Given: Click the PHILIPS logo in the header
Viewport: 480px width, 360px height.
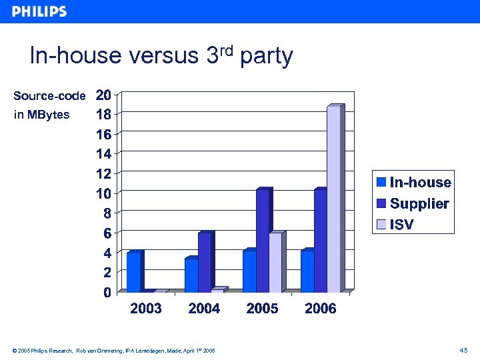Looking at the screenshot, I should click(39, 11).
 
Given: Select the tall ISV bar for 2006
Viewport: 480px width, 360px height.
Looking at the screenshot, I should click(333, 199).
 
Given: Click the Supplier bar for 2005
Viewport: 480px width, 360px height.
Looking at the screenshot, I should click(263, 240).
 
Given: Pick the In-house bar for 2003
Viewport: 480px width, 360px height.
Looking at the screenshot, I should click(133, 272).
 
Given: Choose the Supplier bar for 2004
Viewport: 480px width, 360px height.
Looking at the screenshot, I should click(205, 262).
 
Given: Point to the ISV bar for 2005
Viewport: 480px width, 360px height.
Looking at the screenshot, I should click(275, 262).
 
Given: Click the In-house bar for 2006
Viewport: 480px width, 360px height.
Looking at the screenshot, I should click(307, 271).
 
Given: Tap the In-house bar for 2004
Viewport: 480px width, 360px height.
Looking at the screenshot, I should click(191, 275).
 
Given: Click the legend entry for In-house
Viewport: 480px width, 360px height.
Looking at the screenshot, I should click(413, 183).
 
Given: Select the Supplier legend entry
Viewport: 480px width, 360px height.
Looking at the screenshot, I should click(413, 203).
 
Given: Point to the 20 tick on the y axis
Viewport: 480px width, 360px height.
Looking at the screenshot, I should click(103, 95).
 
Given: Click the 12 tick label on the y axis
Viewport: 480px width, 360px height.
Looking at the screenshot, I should click(103, 173).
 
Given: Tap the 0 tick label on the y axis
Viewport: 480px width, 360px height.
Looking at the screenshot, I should click(107, 292).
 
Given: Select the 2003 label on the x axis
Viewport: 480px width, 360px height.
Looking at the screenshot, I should click(145, 309).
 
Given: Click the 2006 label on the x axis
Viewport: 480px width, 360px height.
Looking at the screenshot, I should click(320, 309).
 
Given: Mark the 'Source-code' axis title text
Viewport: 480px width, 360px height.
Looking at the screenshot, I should click(49, 96).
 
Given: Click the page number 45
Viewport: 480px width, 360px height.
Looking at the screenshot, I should click(464, 350).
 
